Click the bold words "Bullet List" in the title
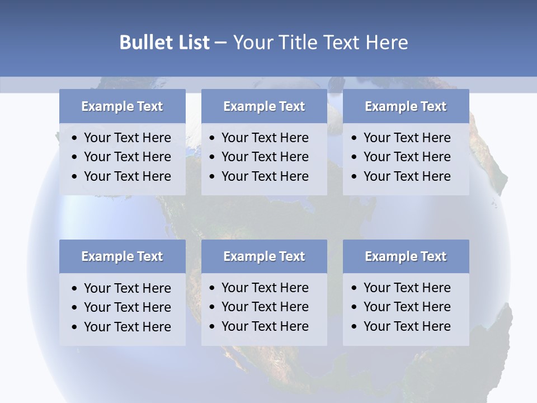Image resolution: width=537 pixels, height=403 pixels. coord(164,42)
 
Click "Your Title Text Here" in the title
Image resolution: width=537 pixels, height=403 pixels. coord(320,42)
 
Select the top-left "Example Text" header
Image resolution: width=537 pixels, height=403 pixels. coord(122,106)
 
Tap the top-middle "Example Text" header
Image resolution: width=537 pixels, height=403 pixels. coord(264,106)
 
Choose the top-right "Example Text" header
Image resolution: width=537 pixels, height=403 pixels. coord(406,106)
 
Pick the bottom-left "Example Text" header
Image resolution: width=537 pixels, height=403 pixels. coord(122,256)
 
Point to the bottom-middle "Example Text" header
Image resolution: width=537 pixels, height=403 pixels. coord(264,256)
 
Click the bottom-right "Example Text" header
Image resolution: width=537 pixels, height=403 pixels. coord(406,256)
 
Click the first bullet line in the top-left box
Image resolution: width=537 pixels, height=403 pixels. coord(127,138)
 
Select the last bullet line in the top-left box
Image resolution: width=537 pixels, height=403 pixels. coord(127,176)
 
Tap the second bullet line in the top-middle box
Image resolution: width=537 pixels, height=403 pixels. coord(265,157)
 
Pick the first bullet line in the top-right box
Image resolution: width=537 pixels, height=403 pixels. coord(407,138)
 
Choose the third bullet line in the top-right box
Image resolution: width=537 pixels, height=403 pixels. coord(407,176)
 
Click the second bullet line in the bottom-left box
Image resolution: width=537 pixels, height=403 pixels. coord(127,307)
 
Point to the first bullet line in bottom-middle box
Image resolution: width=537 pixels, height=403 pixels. coord(265,288)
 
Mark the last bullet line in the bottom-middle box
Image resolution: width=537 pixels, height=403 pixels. coord(265,326)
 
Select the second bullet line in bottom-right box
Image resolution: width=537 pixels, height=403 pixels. coord(407,307)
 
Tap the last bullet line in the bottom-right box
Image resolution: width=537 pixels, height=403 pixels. coord(407,326)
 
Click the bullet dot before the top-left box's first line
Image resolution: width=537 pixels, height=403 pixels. coord(75,138)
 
